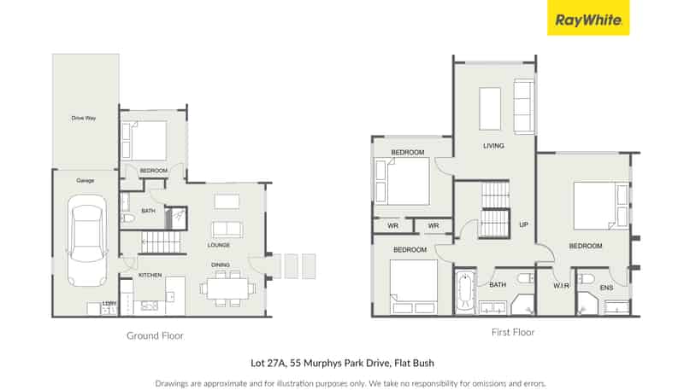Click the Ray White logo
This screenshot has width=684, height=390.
[588, 18]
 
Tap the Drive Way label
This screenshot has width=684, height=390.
[84, 118]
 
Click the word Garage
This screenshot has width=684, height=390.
[85, 181]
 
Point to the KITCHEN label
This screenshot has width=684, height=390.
[150, 275]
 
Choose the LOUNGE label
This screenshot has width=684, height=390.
[220, 245]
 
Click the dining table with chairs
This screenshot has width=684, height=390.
[228, 288]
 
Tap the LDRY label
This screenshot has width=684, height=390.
[109, 303]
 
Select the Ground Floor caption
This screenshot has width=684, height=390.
[155, 335]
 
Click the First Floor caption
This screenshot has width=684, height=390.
[513, 332]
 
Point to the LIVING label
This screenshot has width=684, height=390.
[493, 146]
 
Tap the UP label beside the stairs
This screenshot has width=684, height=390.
[523, 225]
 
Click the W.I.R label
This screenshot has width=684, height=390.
[561, 285]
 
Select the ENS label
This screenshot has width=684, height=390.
[606, 288]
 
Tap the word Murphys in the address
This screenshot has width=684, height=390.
[314, 363]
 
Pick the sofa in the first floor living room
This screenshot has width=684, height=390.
[522, 106]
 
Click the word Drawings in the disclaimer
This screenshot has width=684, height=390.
[172, 383]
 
